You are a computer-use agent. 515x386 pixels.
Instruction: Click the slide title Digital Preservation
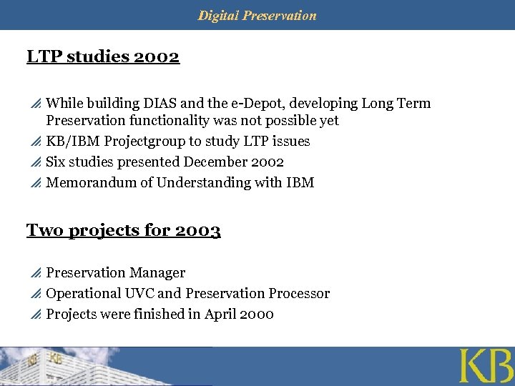click(257, 15)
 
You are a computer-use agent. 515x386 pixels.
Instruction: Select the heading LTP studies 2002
click(103, 56)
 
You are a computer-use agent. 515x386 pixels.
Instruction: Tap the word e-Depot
click(282, 104)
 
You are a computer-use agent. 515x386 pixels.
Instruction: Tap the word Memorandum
click(91, 183)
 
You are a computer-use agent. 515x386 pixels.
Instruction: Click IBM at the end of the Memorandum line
click(300, 183)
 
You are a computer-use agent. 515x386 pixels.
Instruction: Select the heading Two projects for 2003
click(123, 230)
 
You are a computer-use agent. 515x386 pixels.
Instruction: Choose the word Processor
click(299, 294)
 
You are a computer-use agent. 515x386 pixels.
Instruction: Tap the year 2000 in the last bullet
click(257, 315)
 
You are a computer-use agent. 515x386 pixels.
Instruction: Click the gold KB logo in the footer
click(486, 366)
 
